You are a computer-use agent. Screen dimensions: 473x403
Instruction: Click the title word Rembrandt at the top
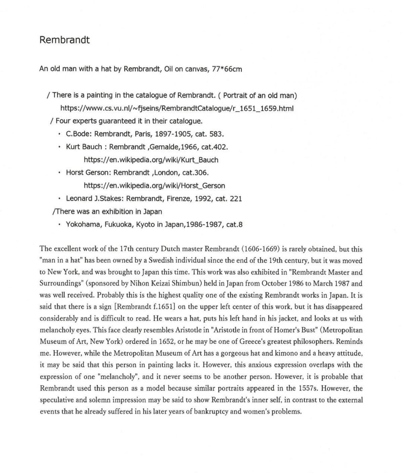coord(64,40)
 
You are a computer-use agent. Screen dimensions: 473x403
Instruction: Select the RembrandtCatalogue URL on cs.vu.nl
coord(177,108)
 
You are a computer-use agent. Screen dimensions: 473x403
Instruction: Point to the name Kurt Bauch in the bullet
coord(84,147)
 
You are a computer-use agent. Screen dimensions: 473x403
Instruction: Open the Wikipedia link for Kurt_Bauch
coord(151,160)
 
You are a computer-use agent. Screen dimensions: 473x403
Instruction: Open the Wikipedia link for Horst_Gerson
coord(154,185)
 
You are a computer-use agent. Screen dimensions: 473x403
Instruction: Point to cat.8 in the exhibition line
coord(234,224)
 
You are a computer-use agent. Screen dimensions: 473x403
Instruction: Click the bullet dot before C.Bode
coord(59,134)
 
